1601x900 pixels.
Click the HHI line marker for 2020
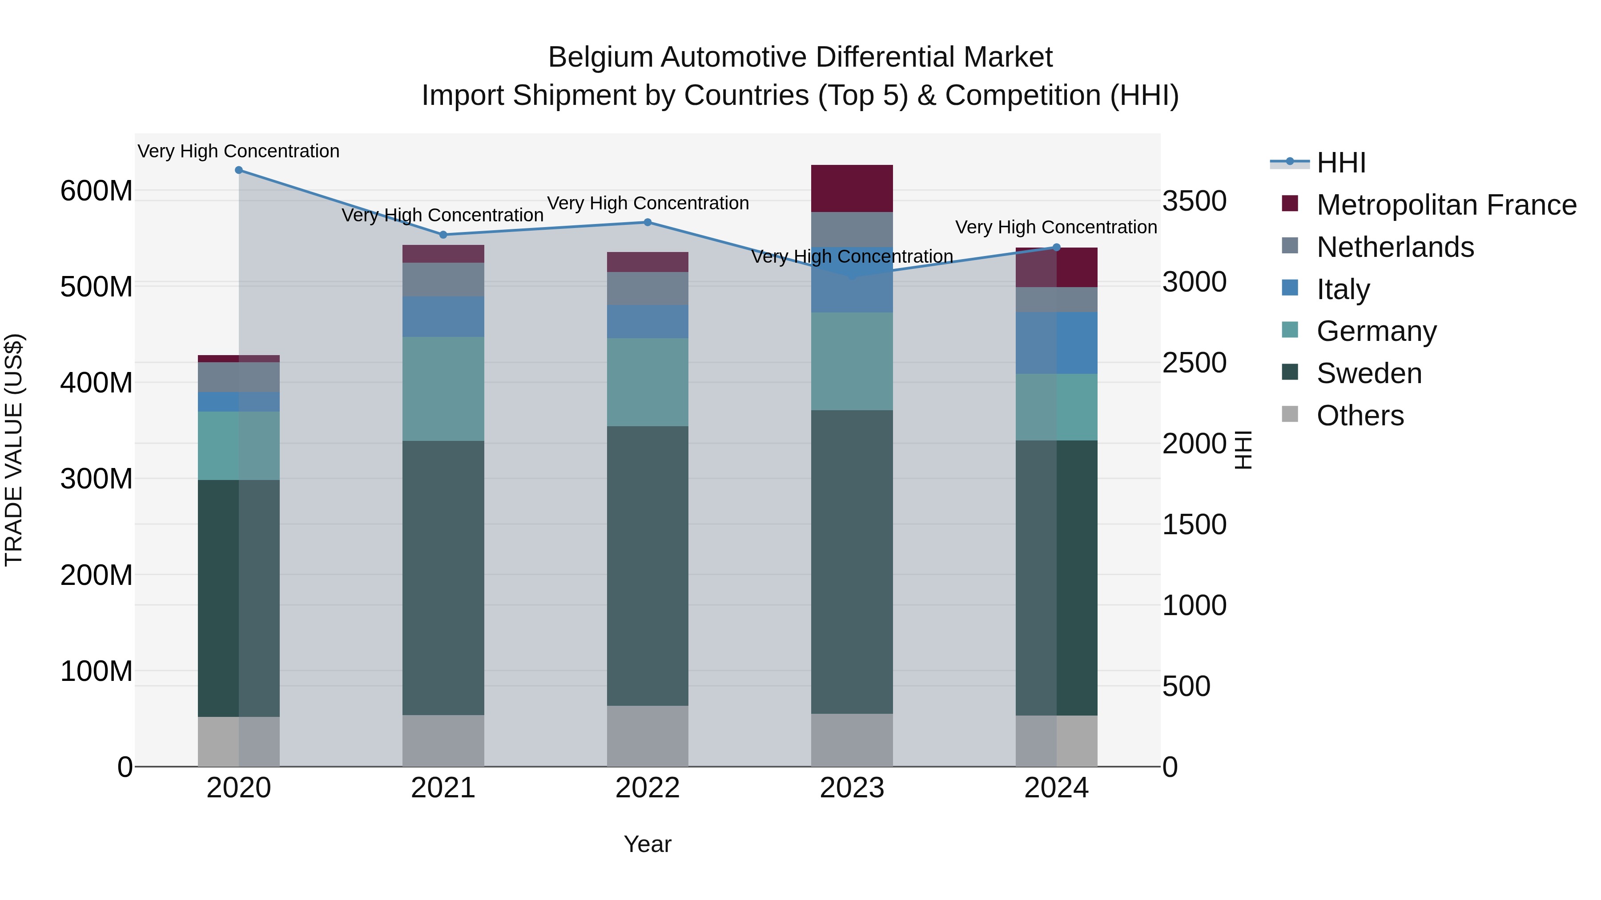pyautogui.click(x=239, y=170)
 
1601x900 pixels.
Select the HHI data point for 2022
pyautogui.click(x=648, y=222)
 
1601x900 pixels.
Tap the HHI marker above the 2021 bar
pyautogui.click(x=443, y=235)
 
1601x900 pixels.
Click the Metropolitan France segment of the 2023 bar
pyautogui.click(x=852, y=188)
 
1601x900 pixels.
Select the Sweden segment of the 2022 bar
pyautogui.click(x=648, y=565)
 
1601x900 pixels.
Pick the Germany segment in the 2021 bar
pyautogui.click(x=443, y=389)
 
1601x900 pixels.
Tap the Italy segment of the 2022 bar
pyautogui.click(x=648, y=321)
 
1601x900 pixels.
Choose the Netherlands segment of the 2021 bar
pyautogui.click(x=443, y=280)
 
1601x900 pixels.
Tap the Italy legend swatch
pyautogui.click(x=1290, y=288)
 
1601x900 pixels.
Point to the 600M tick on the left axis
pyautogui.click(x=97, y=191)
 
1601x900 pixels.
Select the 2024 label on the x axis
pyautogui.click(x=1057, y=788)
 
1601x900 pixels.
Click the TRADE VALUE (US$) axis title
pyautogui.click(x=14, y=450)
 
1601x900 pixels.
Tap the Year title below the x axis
pyautogui.click(x=648, y=844)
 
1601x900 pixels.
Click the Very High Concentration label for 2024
pyautogui.click(x=1056, y=227)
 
